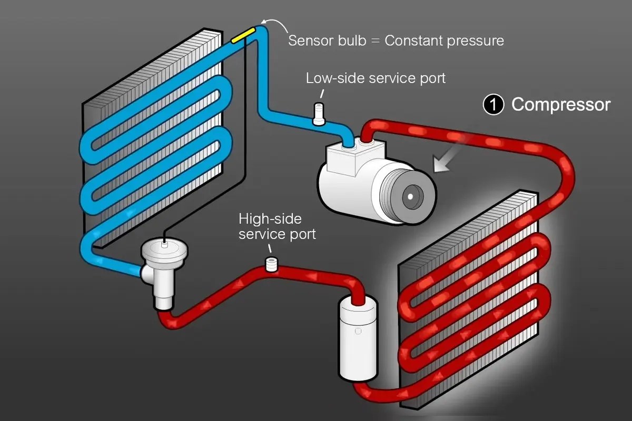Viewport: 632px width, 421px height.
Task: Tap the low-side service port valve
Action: (x=319, y=114)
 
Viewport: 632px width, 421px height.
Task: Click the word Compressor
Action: (x=561, y=105)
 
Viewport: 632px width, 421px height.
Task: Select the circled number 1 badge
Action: (x=492, y=105)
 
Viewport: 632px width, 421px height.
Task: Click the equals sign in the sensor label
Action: (x=376, y=41)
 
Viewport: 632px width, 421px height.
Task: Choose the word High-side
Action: (x=270, y=218)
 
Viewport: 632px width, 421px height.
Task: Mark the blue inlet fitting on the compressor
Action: (x=349, y=142)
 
